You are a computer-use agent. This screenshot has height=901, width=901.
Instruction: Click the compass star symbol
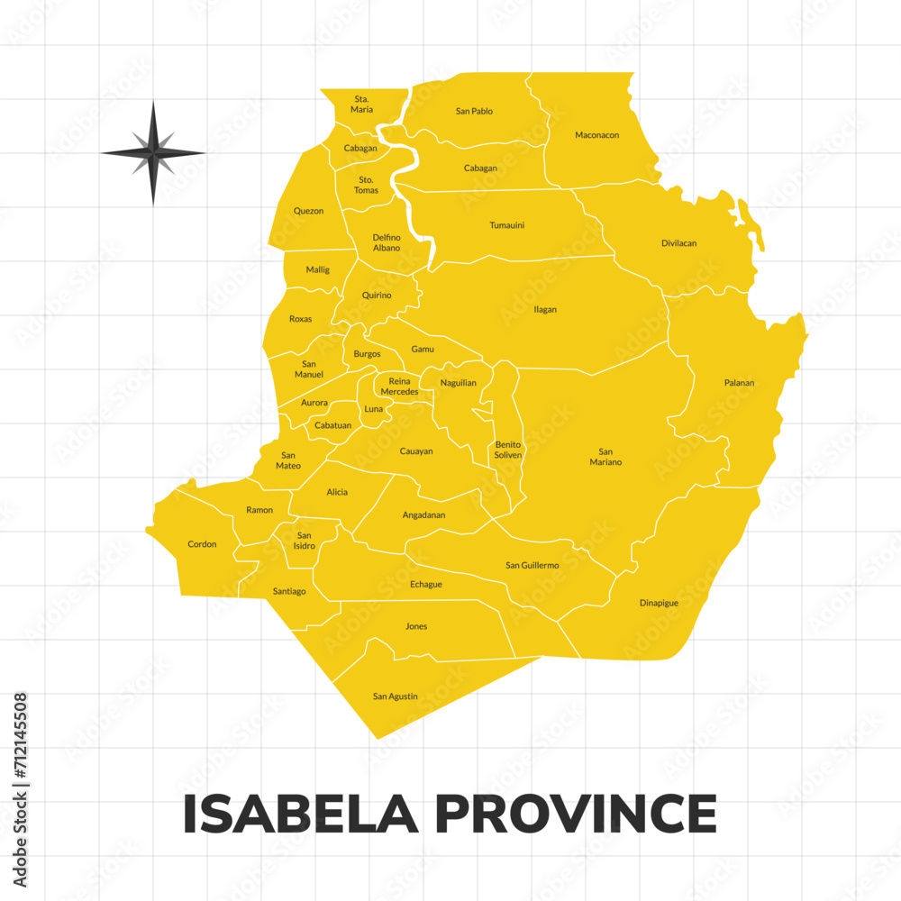(x=153, y=152)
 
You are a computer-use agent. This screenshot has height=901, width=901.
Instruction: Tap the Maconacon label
(x=596, y=135)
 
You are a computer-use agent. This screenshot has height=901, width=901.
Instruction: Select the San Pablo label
(x=474, y=112)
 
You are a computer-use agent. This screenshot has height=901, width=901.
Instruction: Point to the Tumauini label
(x=506, y=225)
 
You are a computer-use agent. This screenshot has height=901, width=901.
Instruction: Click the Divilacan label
(x=678, y=243)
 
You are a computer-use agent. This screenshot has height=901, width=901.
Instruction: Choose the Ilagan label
(x=545, y=310)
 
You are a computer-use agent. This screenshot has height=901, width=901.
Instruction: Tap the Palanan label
(x=739, y=383)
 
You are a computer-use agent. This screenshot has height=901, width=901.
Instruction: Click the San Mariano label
(x=605, y=457)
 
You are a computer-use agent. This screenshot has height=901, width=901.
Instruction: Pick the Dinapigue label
(x=659, y=603)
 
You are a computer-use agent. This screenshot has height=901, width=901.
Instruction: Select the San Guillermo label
(x=532, y=566)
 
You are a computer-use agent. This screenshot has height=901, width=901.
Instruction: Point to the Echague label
(x=426, y=585)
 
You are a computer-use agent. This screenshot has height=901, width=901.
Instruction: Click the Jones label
(x=416, y=626)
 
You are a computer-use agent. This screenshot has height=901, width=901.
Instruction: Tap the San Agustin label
(x=395, y=696)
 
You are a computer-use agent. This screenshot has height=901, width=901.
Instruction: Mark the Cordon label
(x=202, y=544)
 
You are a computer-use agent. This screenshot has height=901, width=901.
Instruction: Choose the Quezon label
(x=308, y=211)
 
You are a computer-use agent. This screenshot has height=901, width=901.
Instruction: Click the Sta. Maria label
(x=361, y=104)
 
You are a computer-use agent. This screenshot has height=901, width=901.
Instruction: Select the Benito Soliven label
(x=508, y=450)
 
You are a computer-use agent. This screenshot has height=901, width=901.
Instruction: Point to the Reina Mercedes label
(x=399, y=387)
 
